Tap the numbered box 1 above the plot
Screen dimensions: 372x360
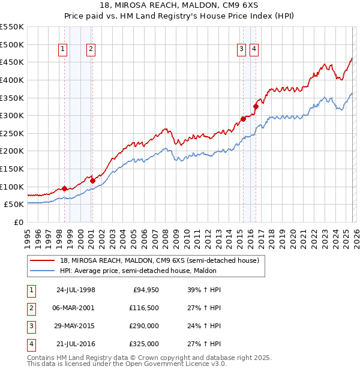click(x=64, y=50)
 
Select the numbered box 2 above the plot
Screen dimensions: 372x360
click(x=91, y=50)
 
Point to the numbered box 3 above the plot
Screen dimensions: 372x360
click(x=241, y=50)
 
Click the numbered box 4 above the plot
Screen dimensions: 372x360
click(x=254, y=50)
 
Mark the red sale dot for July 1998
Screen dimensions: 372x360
click(x=64, y=188)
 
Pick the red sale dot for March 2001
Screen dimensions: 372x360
click(x=92, y=180)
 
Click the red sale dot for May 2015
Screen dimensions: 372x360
click(x=243, y=119)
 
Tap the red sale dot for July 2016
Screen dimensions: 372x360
click(x=256, y=107)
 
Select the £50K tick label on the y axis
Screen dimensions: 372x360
click(x=13, y=204)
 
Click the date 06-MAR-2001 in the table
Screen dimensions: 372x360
click(x=76, y=308)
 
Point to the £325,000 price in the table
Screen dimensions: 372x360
click(x=145, y=344)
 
